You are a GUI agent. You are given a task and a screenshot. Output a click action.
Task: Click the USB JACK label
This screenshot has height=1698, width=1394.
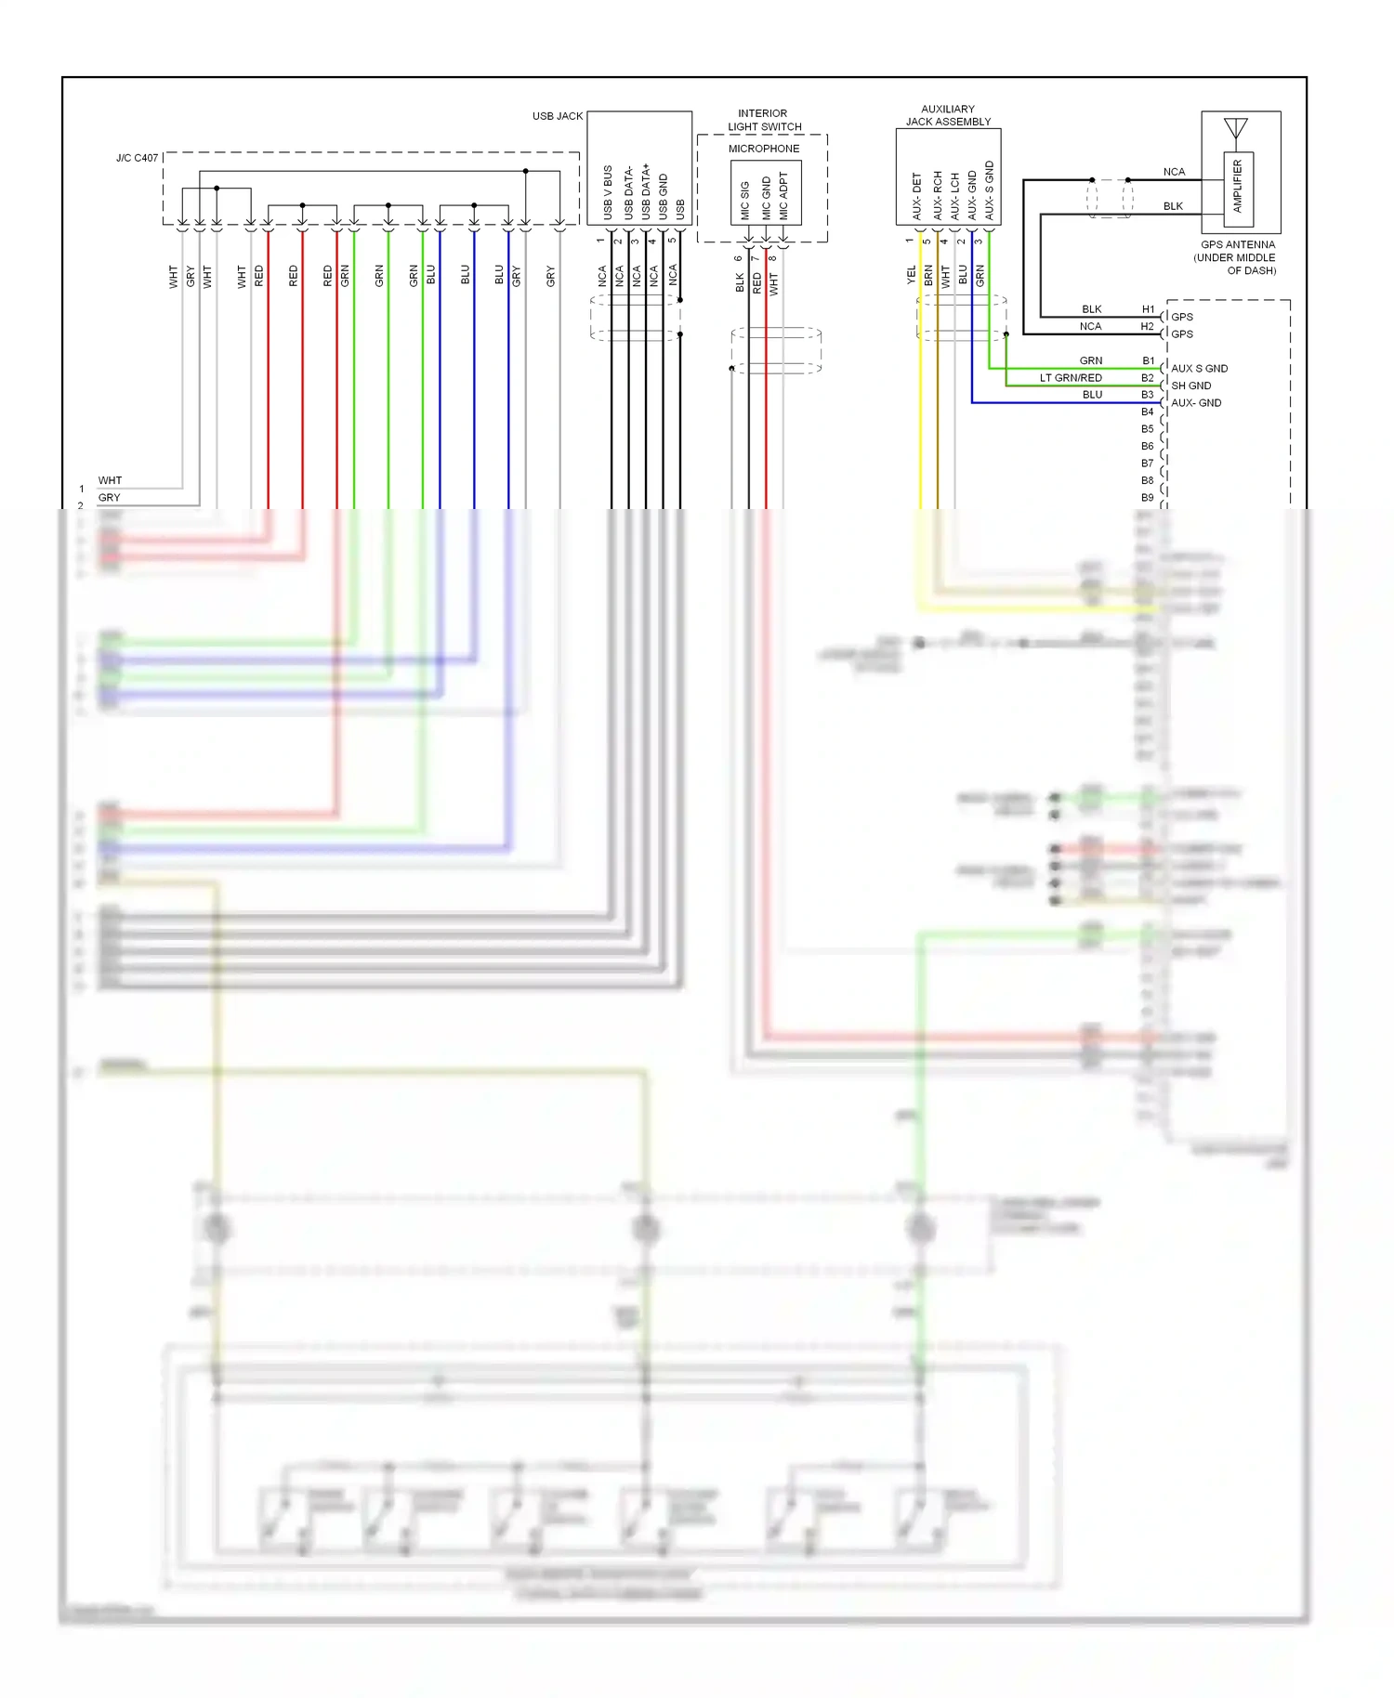click(x=557, y=116)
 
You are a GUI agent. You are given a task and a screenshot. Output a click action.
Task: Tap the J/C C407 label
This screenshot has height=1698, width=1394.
click(x=137, y=158)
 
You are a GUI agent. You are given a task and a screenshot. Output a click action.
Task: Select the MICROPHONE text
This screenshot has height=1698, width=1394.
click(x=763, y=149)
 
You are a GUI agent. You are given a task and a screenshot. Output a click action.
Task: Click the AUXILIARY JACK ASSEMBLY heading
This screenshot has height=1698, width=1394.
click(x=948, y=115)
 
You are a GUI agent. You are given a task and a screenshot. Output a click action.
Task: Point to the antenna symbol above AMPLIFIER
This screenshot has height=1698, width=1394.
click(x=1235, y=128)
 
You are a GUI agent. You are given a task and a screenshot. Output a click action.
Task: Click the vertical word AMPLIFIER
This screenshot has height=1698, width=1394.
click(x=1237, y=187)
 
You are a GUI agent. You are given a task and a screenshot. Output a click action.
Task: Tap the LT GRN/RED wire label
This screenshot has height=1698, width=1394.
click(x=1071, y=378)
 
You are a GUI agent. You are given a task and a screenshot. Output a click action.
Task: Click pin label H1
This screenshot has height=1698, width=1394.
click(x=1148, y=309)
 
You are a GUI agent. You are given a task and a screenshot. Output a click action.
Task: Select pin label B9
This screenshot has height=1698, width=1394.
click(x=1147, y=498)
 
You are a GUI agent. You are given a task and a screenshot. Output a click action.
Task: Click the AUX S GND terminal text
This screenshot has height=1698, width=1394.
click(x=1199, y=369)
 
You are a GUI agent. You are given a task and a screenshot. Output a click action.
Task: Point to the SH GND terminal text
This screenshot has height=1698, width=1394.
click(x=1190, y=385)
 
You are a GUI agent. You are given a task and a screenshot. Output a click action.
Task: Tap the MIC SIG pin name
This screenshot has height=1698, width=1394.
click(x=745, y=201)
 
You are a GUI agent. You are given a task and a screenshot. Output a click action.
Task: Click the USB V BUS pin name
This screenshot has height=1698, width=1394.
click(x=608, y=192)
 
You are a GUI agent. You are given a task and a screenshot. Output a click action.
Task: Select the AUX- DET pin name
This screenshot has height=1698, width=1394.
click(x=916, y=196)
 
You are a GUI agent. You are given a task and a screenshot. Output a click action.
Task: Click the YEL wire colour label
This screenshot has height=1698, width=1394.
click(x=911, y=275)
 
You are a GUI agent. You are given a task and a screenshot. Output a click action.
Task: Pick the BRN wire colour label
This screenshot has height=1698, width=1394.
click(x=928, y=275)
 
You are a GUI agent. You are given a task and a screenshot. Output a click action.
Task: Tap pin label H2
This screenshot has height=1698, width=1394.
click(x=1147, y=327)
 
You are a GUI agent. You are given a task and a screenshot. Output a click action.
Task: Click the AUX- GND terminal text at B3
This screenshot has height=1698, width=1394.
click(x=1196, y=403)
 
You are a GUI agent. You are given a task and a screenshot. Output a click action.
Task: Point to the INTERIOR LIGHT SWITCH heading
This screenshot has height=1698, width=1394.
click(x=764, y=120)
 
